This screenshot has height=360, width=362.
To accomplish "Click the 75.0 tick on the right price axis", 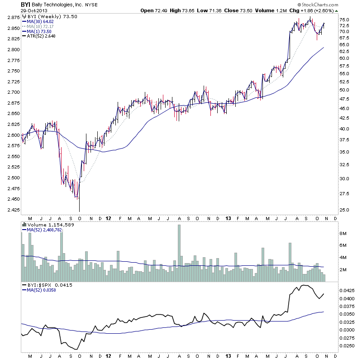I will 345,20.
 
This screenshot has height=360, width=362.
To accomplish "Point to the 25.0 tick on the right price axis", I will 345,210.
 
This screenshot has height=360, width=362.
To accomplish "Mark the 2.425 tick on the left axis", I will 13,210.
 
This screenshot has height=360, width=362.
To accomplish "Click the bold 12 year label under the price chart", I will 108,218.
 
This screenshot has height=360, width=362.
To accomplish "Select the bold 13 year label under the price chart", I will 228,218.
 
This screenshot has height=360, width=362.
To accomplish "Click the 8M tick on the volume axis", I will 343,233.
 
